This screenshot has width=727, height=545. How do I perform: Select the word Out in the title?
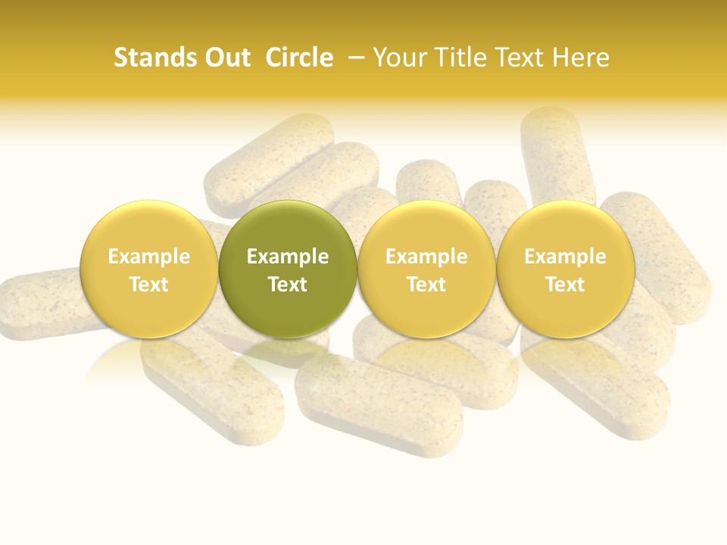[225, 58]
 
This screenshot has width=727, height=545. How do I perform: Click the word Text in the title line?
[521, 58]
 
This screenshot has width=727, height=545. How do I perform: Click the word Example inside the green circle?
[288, 257]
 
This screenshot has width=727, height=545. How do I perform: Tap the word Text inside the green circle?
[288, 285]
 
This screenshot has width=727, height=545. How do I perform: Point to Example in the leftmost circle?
[148, 257]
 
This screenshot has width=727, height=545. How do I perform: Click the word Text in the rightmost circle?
[565, 285]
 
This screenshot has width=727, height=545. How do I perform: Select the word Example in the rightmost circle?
[565, 257]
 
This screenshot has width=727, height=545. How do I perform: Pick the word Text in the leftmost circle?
[148, 285]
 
